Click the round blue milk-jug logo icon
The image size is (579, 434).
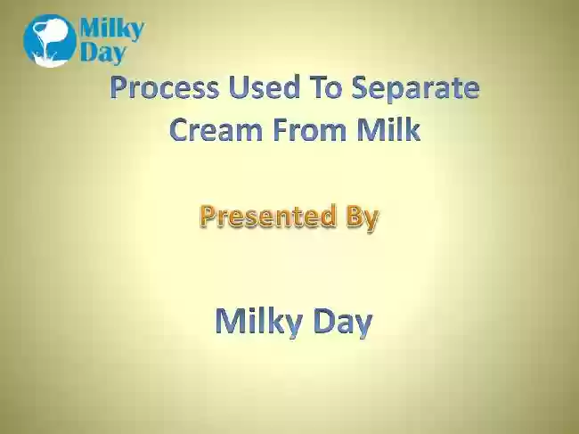50,41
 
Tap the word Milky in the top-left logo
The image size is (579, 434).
112,29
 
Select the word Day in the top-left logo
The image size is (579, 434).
102,53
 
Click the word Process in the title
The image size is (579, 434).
165,87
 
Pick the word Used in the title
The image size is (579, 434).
264,87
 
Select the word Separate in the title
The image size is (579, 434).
415,88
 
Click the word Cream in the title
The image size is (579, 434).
216,129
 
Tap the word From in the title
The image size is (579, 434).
309,129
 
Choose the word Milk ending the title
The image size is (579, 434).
388,129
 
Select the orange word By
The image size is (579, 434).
363,217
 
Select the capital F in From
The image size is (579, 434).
280,129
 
